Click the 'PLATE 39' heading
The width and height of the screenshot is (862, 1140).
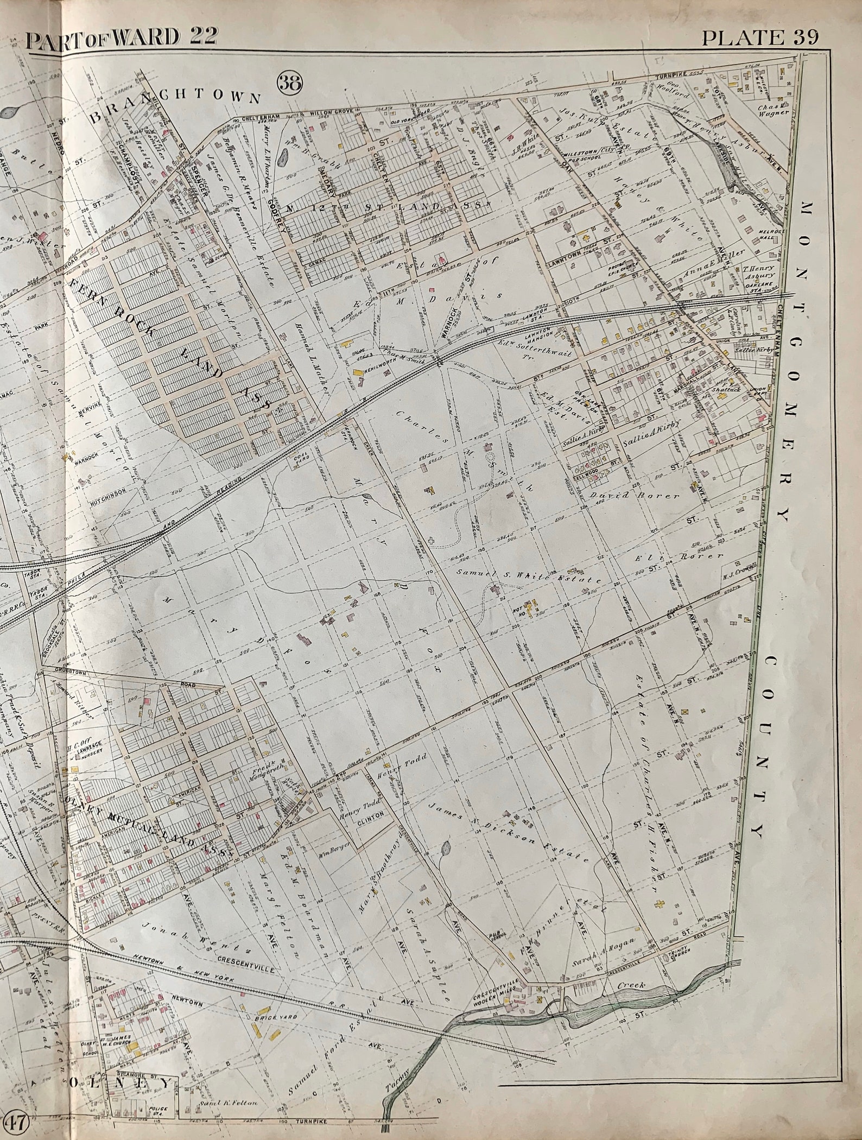pos(759,37)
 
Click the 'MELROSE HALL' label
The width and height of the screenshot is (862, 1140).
pos(767,234)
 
